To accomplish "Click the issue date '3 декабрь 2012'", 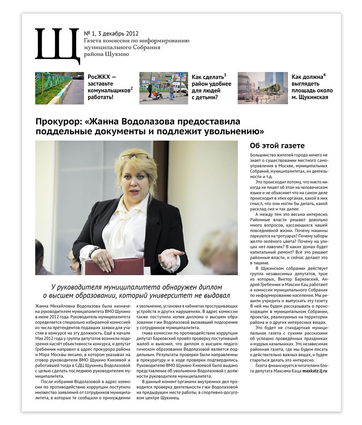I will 118,34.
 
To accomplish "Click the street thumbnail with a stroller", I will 163,88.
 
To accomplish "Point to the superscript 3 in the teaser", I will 225,75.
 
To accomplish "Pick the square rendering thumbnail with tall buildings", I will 263,88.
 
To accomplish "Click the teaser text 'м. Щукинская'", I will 310,98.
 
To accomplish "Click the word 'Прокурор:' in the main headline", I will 58,122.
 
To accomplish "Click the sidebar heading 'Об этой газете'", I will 277,146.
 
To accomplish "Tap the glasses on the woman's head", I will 135,156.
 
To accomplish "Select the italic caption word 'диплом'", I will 210,287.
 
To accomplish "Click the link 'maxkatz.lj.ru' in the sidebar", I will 315,371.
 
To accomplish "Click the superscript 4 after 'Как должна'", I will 324,75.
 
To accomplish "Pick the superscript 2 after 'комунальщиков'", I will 131,88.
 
